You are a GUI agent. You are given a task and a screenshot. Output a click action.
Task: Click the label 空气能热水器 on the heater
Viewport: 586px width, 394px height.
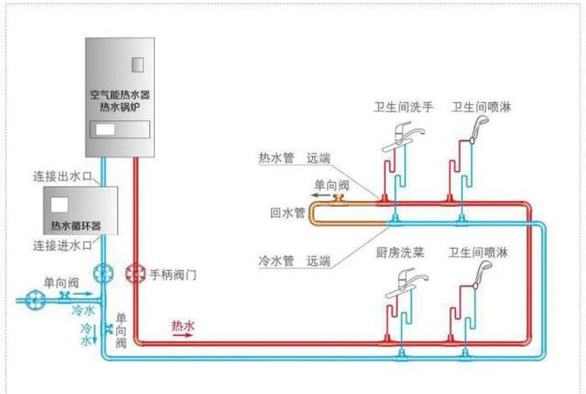pos(122,96)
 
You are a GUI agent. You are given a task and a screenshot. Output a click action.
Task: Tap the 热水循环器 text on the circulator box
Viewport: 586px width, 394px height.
pos(75,226)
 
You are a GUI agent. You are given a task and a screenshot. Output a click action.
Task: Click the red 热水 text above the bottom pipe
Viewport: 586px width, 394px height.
pos(183,324)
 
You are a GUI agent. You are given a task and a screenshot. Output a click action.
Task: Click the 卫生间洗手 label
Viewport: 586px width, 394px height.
pos(404,107)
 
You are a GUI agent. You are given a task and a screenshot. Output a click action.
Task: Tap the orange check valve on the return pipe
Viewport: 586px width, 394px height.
pos(338,198)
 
